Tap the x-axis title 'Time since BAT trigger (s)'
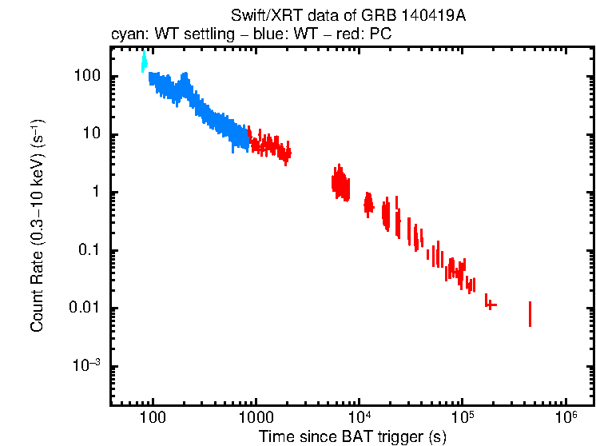[x=352, y=436]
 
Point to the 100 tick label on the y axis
[x=86, y=76]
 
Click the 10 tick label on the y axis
[x=90, y=134]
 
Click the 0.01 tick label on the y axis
[x=85, y=309]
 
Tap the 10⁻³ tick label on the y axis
[x=87, y=366]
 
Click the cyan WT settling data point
[x=145, y=62]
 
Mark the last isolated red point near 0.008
[x=530, y=314]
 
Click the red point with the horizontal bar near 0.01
[x=491, y=305]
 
